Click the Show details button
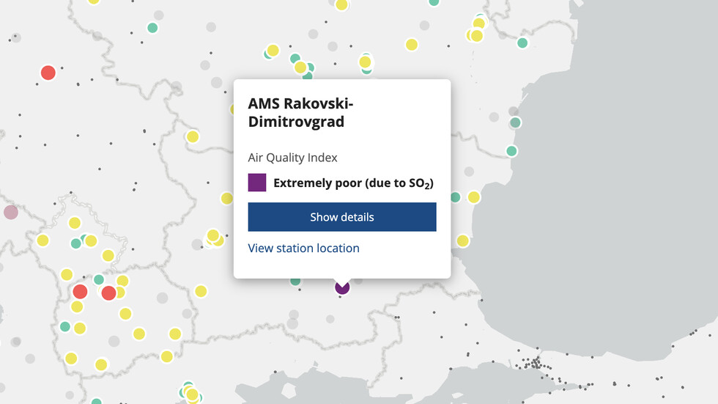pyautogui.click(x=342, y=217)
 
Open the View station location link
pyautogui.click(x=303, y=248)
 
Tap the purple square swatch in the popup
pyautogui.click(x=257, y=183)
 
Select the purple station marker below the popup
pyautogui.click(x=342, y=287)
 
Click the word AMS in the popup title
pyautogui.click(x=263, y=103)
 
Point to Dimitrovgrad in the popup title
pyautogui.click(x=296, y=122)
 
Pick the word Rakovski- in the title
pyautogui.click(x=315, y=103)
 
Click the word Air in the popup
pyautogui.click(x=256, y=158)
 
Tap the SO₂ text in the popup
pyautogui.click(x=419, y=183)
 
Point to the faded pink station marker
pyautogui.click(x=10, y=213)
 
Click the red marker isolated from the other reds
pyautogui.click(x=48, y=73)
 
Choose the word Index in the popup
pyautogui.click(x=322, y=158)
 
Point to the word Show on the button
pyautogui.click(x=323, y=217)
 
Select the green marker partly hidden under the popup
pyautogui.click(x=295, y=281)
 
